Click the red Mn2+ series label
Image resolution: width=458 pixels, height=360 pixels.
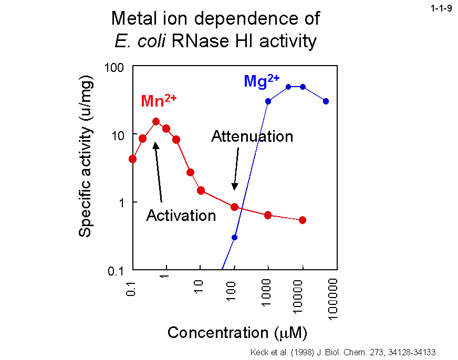point(158,100)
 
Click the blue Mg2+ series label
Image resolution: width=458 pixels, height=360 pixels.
point(261,81)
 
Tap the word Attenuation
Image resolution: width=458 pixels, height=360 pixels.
point(252,136)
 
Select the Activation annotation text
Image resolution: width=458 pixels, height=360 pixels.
point(181,215)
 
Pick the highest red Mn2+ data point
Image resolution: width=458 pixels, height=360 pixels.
point(156,122)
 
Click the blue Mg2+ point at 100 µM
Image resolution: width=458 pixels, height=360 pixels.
point(235,237)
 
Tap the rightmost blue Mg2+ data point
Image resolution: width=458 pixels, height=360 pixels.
point(326,101)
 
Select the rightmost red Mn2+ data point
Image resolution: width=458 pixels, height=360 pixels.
point(303,220)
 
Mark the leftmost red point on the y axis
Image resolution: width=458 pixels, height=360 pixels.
point(133,159)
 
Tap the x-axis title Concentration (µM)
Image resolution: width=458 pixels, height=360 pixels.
point(237,333)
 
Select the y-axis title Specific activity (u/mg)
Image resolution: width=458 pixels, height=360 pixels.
point(86,157)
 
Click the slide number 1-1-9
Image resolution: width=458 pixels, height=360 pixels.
point(442,8)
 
